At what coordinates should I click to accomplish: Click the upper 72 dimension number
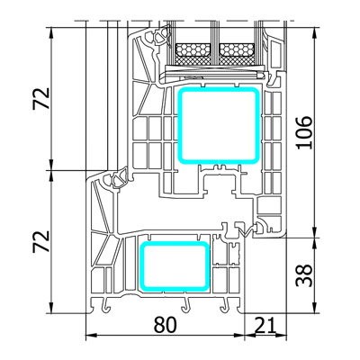(41, 98)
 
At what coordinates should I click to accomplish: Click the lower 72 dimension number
(41, 241)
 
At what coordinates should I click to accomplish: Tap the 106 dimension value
(304, 132)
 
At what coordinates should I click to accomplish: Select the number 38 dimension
(304, 275)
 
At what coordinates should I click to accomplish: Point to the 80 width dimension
(166, 325)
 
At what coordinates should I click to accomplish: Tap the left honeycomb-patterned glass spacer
(193, 49)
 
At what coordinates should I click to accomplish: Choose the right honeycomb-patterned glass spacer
(237, 49)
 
